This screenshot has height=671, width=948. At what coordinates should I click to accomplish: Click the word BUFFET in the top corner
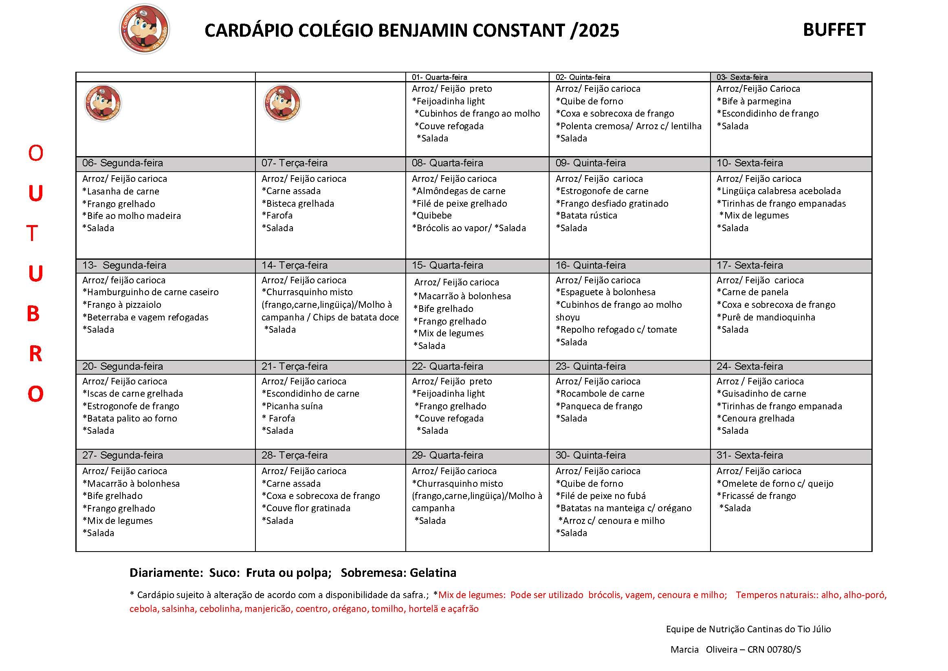[834, 30]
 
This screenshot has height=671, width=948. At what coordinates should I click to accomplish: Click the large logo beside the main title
[145, 29]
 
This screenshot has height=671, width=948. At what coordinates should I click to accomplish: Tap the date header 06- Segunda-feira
[123, 163]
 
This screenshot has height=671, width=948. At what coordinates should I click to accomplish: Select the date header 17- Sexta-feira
[750, 265]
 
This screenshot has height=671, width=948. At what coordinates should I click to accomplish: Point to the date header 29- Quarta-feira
[447, 455]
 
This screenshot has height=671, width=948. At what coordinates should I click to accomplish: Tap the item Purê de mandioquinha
[765, 317]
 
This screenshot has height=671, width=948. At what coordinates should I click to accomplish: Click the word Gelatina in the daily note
[433, 573]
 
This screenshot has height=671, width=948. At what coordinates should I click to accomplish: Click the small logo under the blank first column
[103, 103]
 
